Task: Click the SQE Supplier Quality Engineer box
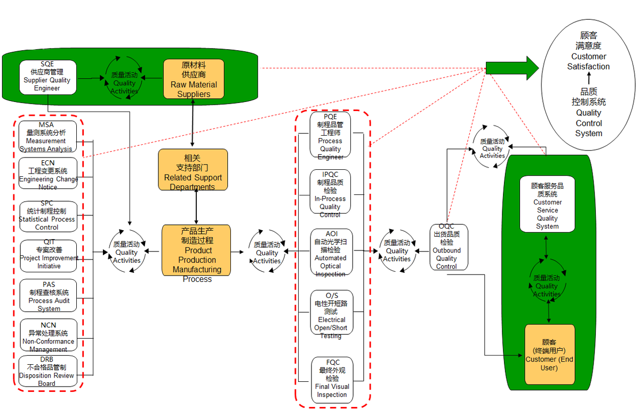click(47, 77)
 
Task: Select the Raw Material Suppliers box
click(194, 79)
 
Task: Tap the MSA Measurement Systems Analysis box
click(47, 137)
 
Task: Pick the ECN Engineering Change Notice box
click(47, 174)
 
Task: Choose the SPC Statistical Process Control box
click(47, 216)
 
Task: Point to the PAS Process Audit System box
click(49, 296)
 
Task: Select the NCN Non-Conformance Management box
click(49, 336)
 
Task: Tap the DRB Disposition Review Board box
click(47, 372)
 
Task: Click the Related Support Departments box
click(193, 170)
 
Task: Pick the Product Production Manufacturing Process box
click(196, 250)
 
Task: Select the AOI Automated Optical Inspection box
click(331, 252)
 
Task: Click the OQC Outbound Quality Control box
click(449, 247)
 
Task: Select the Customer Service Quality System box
click(547, 204)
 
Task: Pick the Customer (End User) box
click(549, 355)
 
